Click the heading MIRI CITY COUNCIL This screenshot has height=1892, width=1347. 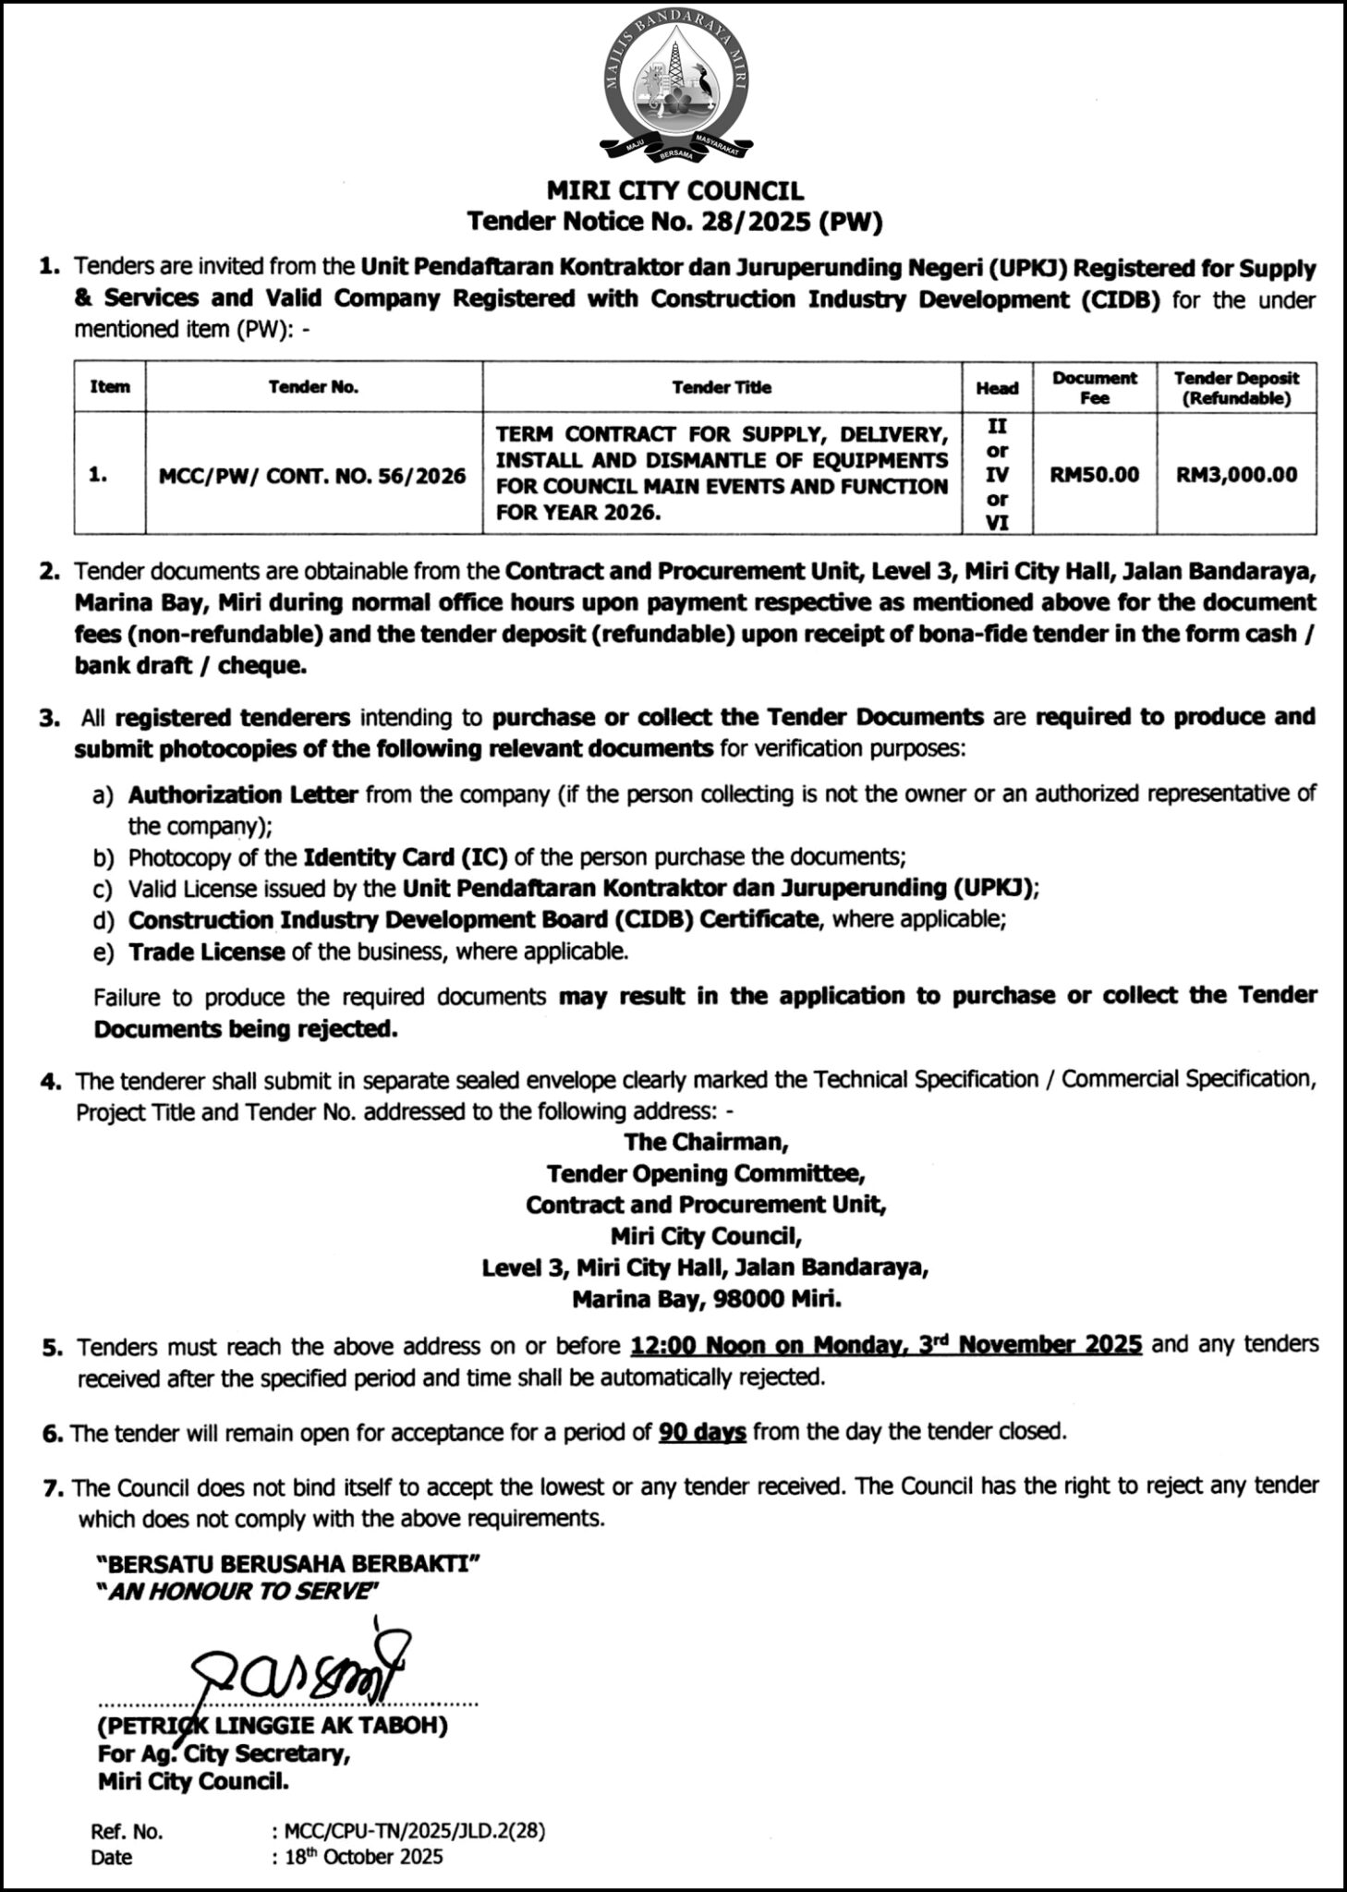[x=674, y=191]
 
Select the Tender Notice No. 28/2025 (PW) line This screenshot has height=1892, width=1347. [x=674, y=222]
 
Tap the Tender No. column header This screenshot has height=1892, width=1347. [x=313, y=388]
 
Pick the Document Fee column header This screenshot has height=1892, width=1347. [x=1094, y=388]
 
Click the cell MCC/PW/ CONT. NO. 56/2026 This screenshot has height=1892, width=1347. [x=313, y=476]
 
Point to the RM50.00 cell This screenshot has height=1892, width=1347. [x=1094, y=475]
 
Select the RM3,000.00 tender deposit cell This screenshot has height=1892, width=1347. [x=1236, y=475]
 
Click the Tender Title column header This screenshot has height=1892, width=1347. [x=722, y=388]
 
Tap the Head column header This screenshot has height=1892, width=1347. [x=997, y=388]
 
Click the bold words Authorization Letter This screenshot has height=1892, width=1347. [x=242, y=794]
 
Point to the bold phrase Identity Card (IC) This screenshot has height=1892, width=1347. [x=406, y=857]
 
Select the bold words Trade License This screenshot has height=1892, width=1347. [x=206, y=952]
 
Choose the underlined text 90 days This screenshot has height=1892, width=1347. [x=702, y=1433]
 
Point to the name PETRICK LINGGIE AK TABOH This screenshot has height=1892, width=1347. [x=273, y=1726]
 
